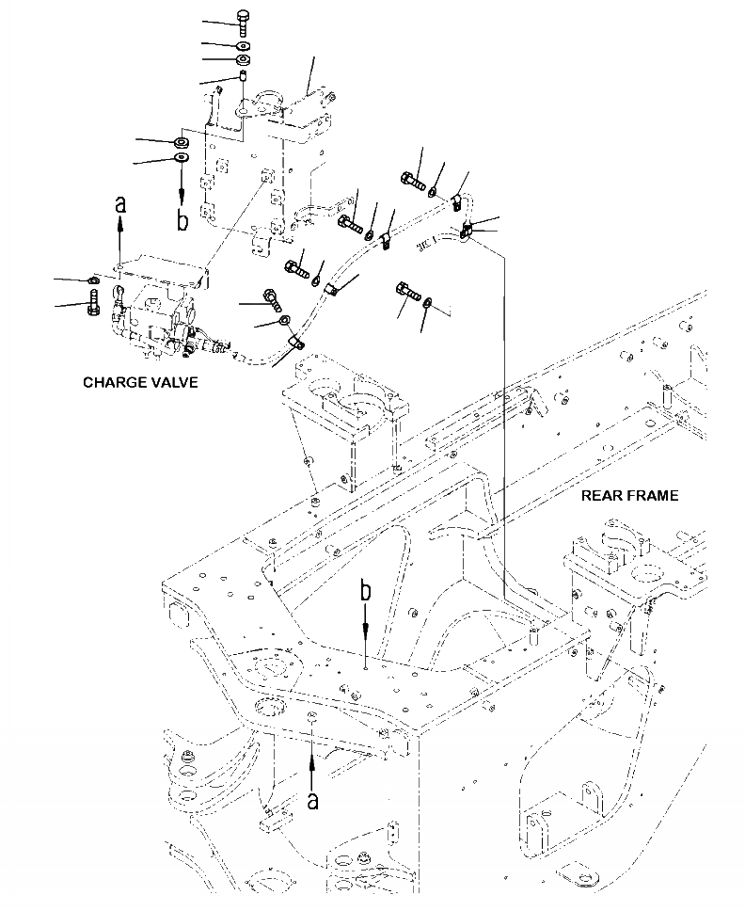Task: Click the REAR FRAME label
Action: [629, 496]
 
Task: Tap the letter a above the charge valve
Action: [119, 202]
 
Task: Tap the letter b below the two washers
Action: [183, 221]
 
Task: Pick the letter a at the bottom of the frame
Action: [313, 800]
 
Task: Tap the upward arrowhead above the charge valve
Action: [119, 222]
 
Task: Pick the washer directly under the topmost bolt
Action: [243, 44]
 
